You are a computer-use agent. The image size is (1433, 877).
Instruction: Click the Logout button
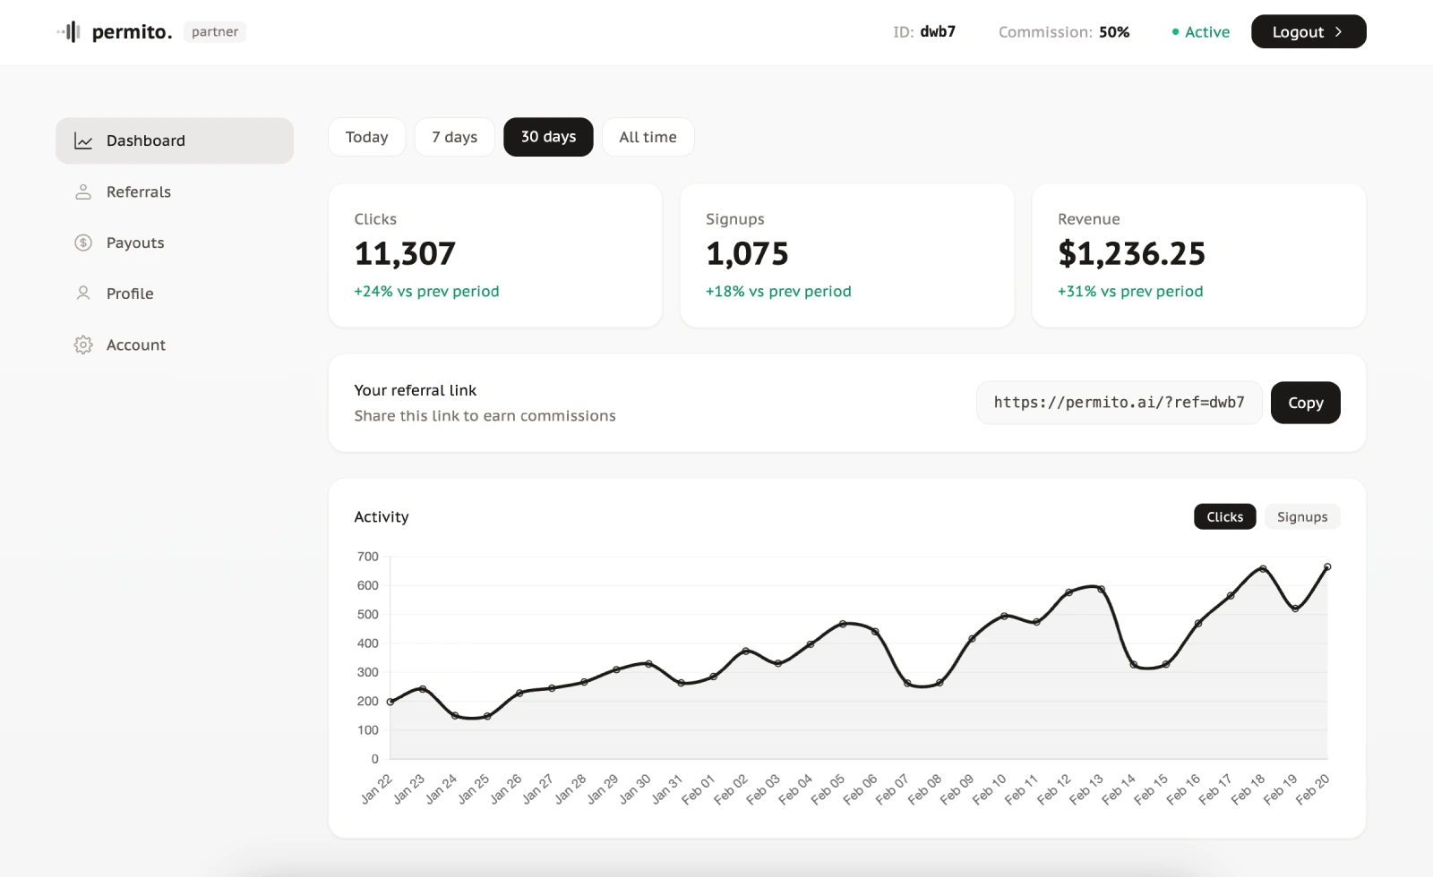click(1308, 32)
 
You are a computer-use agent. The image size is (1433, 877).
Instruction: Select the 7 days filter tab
click(454, 137)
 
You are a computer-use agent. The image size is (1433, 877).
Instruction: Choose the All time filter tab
click(648, 137)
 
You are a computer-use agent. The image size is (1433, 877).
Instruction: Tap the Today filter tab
click(366, 137)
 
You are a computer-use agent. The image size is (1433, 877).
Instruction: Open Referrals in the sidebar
click(138, 192)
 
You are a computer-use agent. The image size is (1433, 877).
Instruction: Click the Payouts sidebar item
click(135, 243)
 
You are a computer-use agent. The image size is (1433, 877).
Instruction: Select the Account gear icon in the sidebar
click(83, 345)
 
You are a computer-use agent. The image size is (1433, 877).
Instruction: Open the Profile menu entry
click(130, 294)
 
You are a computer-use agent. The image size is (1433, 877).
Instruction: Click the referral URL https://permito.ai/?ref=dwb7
click(1119, 403)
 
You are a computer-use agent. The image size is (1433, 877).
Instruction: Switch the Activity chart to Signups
click(1301, 517)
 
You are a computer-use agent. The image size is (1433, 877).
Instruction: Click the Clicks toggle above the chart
click(1224, 517)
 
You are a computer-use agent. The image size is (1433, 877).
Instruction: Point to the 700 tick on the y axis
click(367, 557)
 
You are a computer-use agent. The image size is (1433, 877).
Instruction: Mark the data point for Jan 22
click(390, 702)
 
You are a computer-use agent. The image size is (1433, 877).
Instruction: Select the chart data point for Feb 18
click(1263, 568)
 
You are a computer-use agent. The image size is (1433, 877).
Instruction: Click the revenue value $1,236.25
click(1131, 254)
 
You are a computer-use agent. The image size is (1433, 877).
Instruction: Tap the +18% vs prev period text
click(777, 292)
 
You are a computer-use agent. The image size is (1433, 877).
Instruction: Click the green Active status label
click(1206, 32)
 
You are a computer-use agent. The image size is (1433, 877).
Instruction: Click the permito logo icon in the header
click(69, 32)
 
